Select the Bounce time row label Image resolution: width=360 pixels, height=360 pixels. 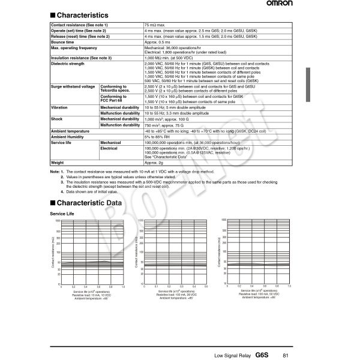coord(62,43)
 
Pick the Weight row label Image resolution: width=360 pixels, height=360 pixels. coord(58,163)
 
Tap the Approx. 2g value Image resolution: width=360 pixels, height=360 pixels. coord(155,163)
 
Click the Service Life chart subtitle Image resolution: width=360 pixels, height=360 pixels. coord(62,214)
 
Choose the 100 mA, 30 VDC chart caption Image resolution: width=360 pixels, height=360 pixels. coord(175,295)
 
